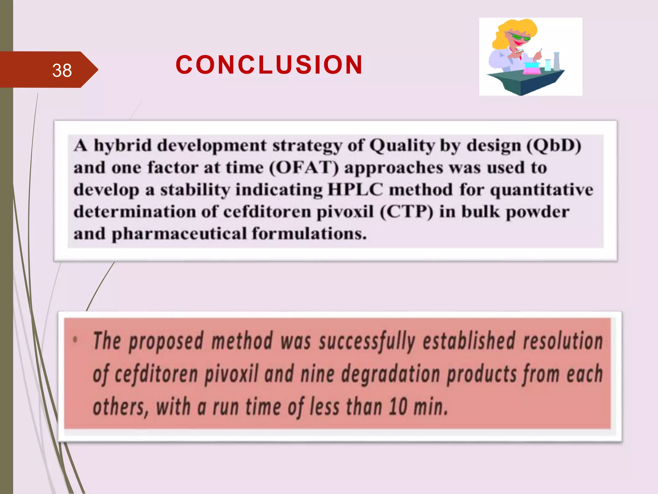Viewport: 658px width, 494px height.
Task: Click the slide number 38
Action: pyautogui.click(x=62, y=70)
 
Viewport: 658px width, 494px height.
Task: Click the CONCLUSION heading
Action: pyautogui.click(x=269, y=65)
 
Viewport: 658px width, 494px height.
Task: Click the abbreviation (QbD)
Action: pyautogui.click(x=554, y=146)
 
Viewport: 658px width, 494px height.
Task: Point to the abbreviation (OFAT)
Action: pyautogui.click(x=304, y=168)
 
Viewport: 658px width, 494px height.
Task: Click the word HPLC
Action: pyautogui.click(x=355, y=190)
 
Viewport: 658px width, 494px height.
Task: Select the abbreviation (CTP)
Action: pyautogui.click(x=406, y=212)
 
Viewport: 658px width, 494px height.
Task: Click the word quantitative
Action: pyautogui.click(x=541, y=190)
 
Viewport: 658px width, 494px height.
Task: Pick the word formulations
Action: pyautogui.click(x=309, y=233)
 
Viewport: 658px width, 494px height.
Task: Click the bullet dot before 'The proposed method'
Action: pyautogui.click(x=76, y=339)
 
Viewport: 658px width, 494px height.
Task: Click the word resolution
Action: pyautogui.click(x=563, y=341)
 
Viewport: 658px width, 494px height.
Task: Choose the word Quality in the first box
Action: pyautogui.click(x=402, y=146)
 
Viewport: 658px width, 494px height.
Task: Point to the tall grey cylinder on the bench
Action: pyautogui.click(x=556, y=61)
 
